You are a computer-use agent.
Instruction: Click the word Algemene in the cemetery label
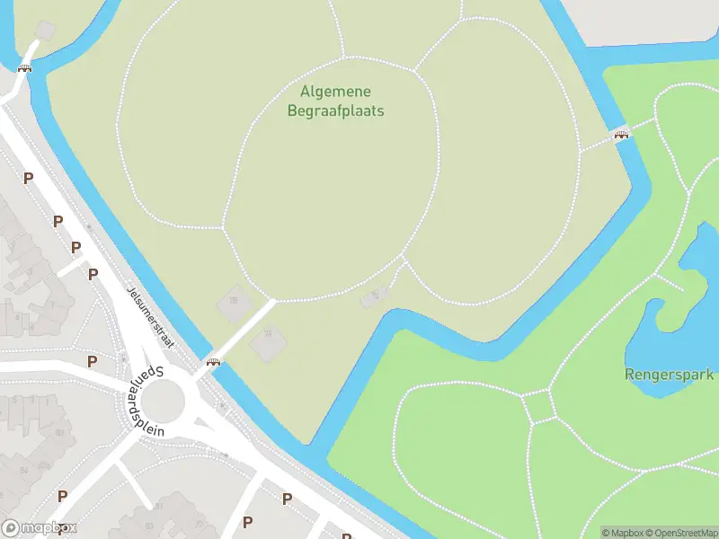[x=335, y=92]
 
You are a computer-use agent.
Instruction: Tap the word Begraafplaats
[x=335, y=111]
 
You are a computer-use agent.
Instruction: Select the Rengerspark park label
[x=669, y=375]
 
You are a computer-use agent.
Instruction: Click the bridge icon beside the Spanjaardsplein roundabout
[x=214, y=362]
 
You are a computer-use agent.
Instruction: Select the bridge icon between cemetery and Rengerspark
[x=621, y=135]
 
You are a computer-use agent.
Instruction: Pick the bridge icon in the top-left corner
[x=25, y=67]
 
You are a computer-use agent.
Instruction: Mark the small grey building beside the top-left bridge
[x=43, y=31]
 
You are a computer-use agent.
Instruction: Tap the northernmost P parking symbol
[x=28, y=178]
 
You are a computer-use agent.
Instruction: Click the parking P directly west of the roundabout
[x=92, y=361]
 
